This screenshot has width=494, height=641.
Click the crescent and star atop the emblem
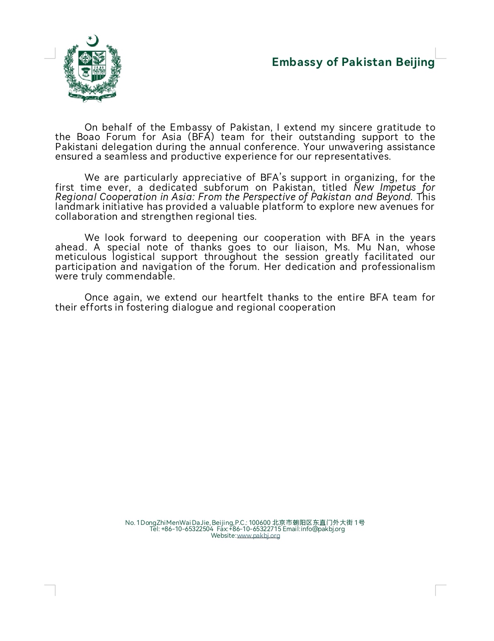click(x=93, y=41)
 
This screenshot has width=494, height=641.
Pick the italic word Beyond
click(x=394, y=197)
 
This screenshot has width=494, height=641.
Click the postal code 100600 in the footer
click(x=260, y=522)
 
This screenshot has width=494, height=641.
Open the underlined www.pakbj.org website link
click(x=258, y=536)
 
